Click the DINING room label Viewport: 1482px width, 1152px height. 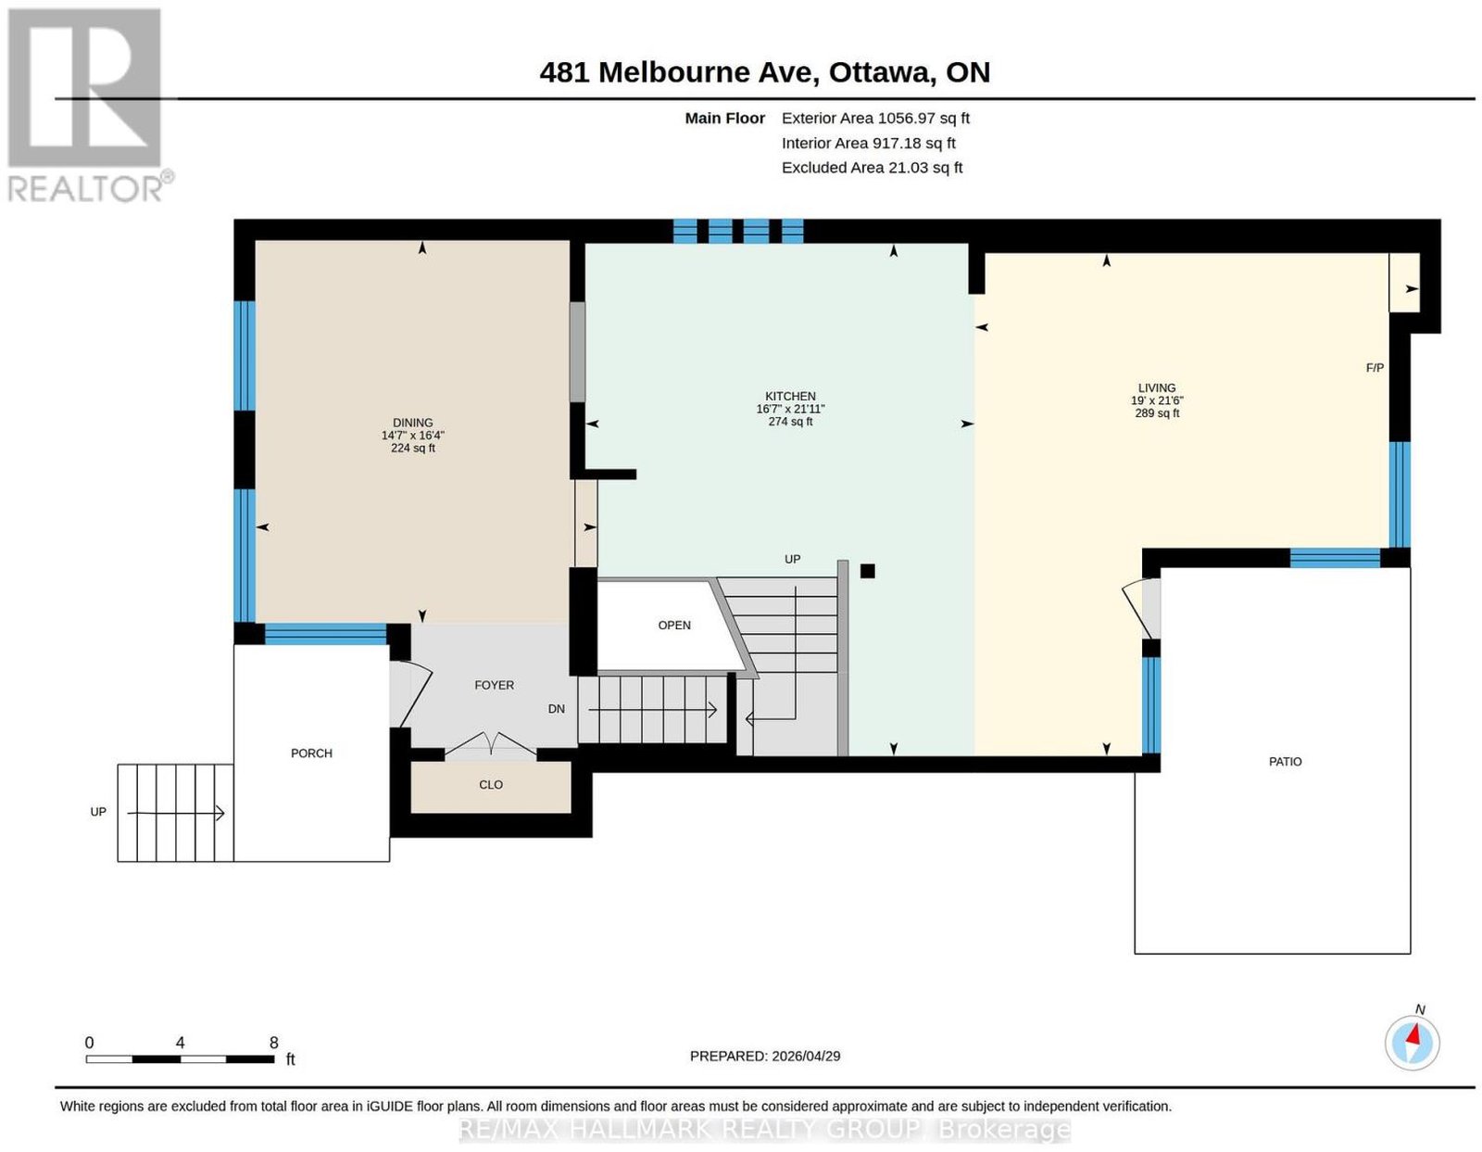click(412, 423)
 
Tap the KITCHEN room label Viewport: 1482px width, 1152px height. click(790, 397)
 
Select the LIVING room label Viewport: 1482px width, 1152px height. click(1157, 388)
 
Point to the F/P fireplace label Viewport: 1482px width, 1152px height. click(1375, 368)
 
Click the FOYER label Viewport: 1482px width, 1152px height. click(495, 686)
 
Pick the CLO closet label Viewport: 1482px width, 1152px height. click(491, 785)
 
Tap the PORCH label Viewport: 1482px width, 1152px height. click(311, 753)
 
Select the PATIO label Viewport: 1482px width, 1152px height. click(1286, 762)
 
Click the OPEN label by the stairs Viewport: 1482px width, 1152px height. click(674, 626)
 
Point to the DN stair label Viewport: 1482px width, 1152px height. click(557, 709)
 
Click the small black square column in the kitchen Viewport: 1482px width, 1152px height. click(868, 571)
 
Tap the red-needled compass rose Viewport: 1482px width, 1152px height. click(1412, 1044)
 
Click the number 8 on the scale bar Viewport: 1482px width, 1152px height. click(274, 1043)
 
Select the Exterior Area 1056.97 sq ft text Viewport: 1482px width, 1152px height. click(875, 118)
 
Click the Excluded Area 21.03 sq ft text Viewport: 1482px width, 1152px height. click(873, 168)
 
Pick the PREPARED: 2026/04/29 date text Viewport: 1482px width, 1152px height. click(765, 1057)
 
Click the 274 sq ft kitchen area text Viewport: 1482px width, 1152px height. click(790, 423)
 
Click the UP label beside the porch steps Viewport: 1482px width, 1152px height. click(98, 813)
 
